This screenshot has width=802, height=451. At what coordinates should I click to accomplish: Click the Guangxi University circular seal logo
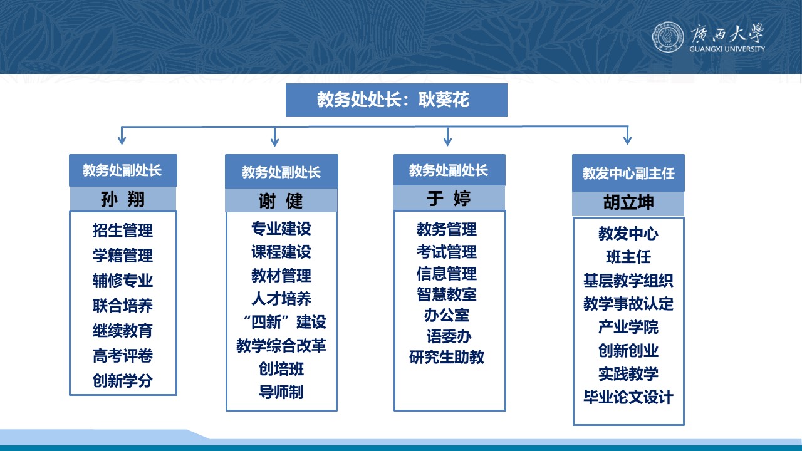[668, 37]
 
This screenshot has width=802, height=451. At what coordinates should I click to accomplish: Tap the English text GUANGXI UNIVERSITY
[727, 49]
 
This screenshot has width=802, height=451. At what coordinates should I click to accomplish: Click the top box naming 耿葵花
[397, 100]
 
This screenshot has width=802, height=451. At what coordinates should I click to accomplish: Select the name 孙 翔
[123, 199]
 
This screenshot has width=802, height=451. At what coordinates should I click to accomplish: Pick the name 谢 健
[281, 201]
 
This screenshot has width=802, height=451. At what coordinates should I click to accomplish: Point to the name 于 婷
[449, 199]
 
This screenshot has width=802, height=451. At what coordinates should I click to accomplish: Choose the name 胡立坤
[628, 202]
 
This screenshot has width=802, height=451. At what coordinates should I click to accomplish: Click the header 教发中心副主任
[628, 174]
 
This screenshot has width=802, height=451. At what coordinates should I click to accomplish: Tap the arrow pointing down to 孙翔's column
[122, 135]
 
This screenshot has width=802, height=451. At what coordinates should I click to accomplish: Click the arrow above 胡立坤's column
[627, 135]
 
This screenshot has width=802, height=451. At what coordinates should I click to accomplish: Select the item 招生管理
[123, 230]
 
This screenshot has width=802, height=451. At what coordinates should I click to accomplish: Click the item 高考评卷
[123, 355]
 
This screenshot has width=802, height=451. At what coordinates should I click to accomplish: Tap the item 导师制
[281, 392]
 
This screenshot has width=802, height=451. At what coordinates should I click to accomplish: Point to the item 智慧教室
[447, 294]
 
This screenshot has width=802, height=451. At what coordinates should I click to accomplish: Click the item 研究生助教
[447, 357]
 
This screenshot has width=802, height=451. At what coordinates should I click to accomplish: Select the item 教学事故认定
[628, 304]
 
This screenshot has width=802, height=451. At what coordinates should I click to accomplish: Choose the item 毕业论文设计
[628, 397]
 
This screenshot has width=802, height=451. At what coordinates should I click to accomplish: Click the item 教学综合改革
[281, 345]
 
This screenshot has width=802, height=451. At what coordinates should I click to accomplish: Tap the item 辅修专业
[123, 280]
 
